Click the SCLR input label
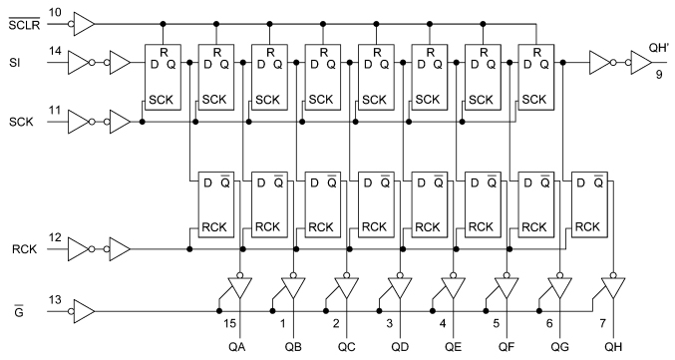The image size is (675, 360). click(x=21, y=22)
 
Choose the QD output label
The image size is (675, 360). click(x=400, y=346)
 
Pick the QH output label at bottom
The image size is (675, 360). click(x=614, y=346)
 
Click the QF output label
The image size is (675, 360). click(x=507, y=346)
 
